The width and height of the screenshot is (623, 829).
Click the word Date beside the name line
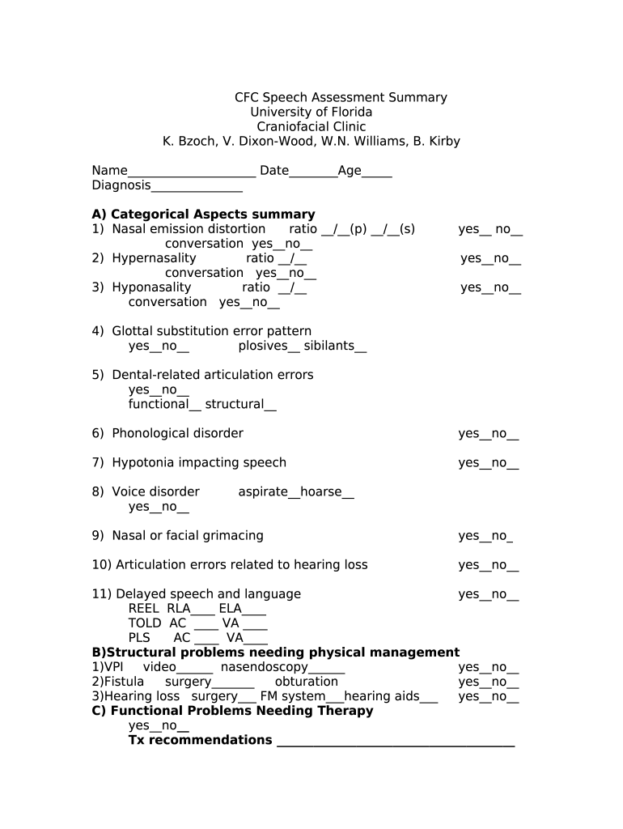click(x=274, y=171)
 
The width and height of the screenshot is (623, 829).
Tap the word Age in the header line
click(x=350, y=172)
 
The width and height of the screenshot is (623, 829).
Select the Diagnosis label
click(x=121, y=186)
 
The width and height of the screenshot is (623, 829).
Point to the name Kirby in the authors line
click(x=443, y=142)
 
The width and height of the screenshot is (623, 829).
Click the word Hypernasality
click(x=154, y=258)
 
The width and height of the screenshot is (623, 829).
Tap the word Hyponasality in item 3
click(x=151, y=287)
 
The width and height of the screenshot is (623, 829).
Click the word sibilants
click(x=329, y=346)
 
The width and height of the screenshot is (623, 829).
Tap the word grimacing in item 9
click(x=232, y=536)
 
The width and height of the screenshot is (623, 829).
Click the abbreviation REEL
click(x=144, y=609)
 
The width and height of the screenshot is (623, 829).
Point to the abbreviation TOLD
click(x=145, y=623)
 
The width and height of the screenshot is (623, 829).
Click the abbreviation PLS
click(x=139, y=638)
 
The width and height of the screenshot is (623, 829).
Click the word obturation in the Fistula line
click(x=306, y=682)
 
